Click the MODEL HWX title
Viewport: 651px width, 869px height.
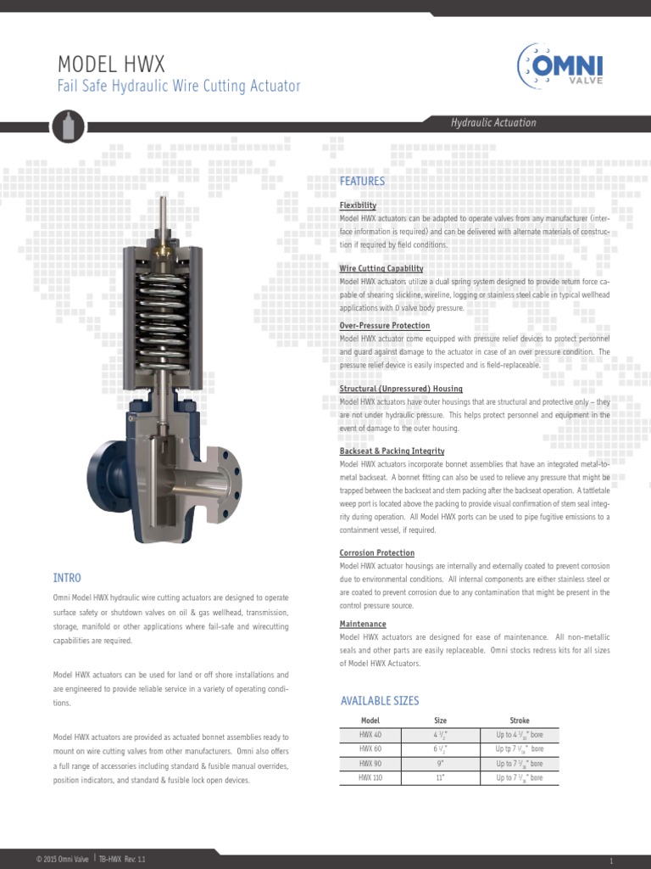[110, 64]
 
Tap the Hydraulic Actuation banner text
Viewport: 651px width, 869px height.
[492, 123]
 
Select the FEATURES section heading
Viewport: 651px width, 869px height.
[362, 182]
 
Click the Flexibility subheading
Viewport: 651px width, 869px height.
[358, 205]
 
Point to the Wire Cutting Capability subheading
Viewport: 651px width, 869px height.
[381, 268]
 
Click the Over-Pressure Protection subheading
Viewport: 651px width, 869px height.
[384, 326]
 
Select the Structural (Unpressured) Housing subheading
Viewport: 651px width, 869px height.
[401, 389]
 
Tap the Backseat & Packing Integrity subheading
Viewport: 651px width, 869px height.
[392, 451]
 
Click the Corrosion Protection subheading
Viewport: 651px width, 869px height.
[376, 552]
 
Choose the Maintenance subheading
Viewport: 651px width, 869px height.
[363, 624]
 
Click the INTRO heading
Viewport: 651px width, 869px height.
[67, 578]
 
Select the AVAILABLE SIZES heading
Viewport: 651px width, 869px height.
[380, 701]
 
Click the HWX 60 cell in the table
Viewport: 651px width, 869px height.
[370, 749]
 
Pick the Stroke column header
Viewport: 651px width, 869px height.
[519, 720]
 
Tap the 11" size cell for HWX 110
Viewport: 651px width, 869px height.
[440, 777]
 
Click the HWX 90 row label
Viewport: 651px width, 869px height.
[370, 764]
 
